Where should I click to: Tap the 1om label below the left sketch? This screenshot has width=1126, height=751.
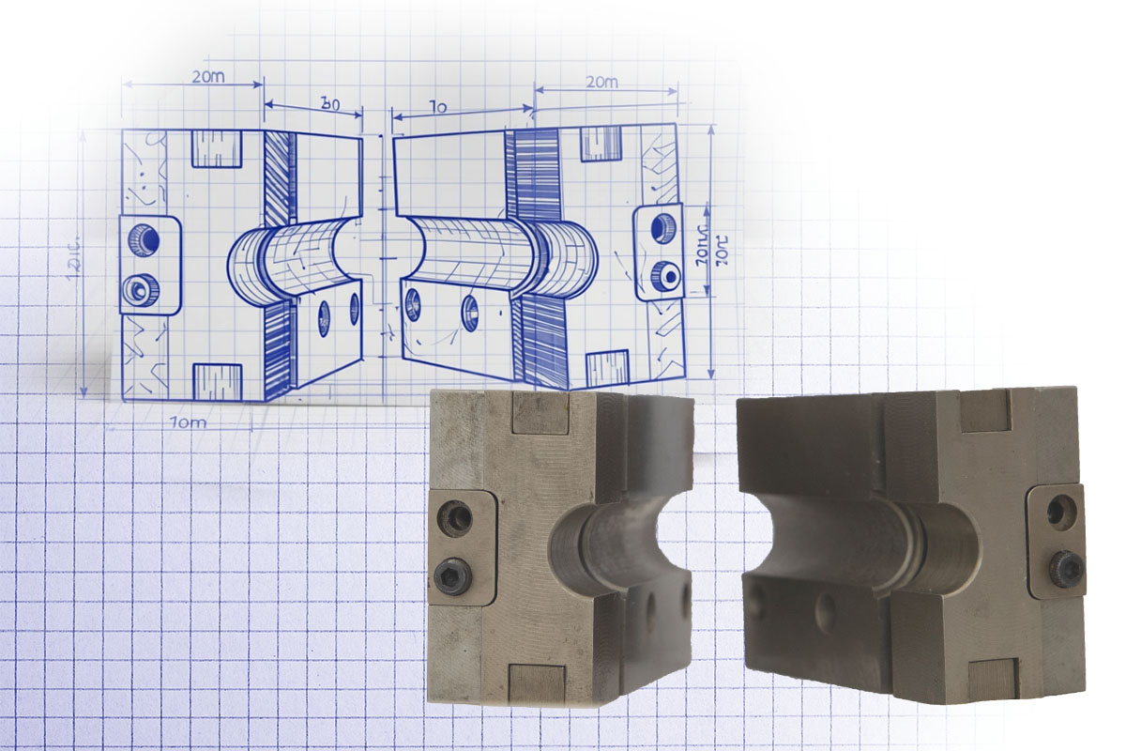pyautogui.click(x=189, y=422)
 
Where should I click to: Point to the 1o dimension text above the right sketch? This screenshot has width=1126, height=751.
pyautogui.click(x=436, y=108)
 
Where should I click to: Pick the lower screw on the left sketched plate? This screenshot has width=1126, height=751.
pyautogui.click(x=144, y=286)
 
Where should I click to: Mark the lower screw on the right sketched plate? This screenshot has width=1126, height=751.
pyautogui.click(x=667, y=274)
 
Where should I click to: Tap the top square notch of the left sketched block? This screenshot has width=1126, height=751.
pyautogui.click(x=217, y=148)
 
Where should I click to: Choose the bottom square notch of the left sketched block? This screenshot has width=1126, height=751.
pyautogui.click(x=218, y=379)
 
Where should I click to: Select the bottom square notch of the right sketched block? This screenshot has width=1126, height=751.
pyautogui.click(x=607, y=368)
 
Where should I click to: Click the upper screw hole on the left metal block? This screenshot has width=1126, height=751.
pyautogui.click(x=456, y=518)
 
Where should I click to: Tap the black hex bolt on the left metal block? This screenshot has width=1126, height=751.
pyautogui.click(x=454, y=573)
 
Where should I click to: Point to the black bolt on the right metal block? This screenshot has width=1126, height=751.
pyautogui.click(x=1066, y=566)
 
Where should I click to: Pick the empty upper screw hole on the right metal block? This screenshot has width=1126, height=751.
pyautogui.click(x=1061, y=512)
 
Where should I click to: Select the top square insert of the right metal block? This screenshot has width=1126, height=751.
pyautogui.click(x=983, y=410)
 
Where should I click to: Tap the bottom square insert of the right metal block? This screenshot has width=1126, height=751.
pyautogui.click(x=992, y=678)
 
